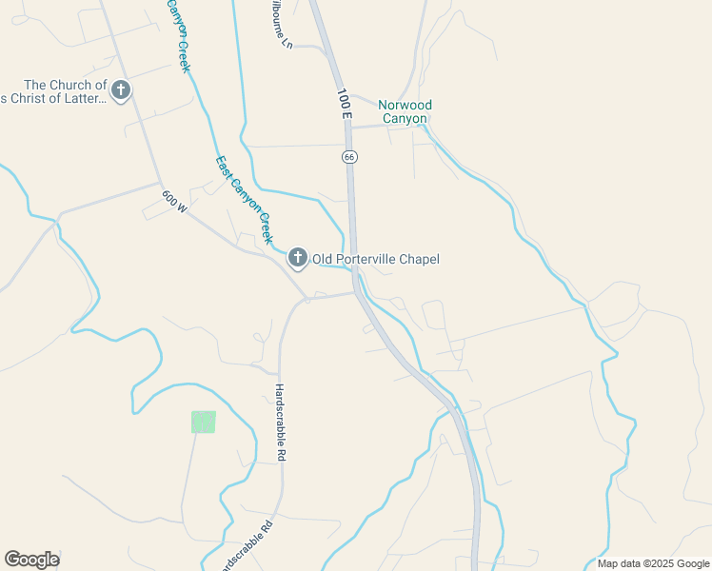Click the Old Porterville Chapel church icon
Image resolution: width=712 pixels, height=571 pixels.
click(x=298, y=258)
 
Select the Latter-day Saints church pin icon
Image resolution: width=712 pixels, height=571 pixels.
click(x=121, y=91)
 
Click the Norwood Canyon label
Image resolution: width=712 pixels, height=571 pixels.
click(x=405, y=111)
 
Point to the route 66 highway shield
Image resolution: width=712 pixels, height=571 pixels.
click(x=349, y=155)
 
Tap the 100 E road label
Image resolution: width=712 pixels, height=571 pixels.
click(x=344, y=104)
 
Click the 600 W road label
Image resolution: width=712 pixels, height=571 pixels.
click(x=174, y=201)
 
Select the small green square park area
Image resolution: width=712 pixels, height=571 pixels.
click(x=204, y=422)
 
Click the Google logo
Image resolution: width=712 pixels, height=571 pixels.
click(x=31, y=560)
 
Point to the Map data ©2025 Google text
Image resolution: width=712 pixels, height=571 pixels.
click(x=652, y=563)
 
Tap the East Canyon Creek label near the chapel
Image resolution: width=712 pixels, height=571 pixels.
click(x=244, y=199)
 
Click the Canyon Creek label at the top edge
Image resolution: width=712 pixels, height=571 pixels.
click(x=179, y=36)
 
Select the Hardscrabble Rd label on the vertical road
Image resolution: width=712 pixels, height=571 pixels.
click(x=281, y=423)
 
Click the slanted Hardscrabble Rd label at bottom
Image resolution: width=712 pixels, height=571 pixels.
click(x=247, y=545)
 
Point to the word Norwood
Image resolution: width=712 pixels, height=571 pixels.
click(x=405, y=105)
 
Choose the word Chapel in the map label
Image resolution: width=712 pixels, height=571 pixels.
click(x=420, y=259)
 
